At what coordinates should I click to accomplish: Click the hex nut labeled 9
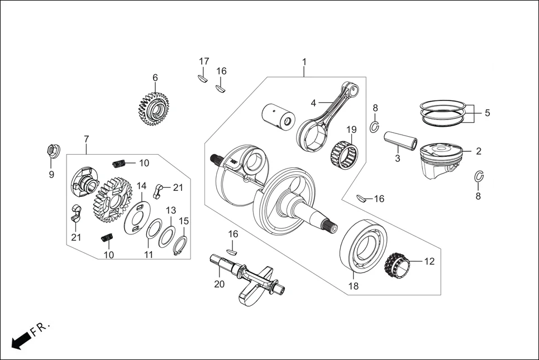point(51,151)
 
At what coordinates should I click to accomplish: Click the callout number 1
point(304,61)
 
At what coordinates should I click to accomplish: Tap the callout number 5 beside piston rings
point(487,113)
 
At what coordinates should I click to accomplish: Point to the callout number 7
point(87,138)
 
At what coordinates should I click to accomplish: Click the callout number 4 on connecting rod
point(313,103)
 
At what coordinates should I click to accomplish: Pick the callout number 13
point(171,210)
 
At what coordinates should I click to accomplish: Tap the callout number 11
point(148,255)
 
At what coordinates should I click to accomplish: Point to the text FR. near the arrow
point(41,327)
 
